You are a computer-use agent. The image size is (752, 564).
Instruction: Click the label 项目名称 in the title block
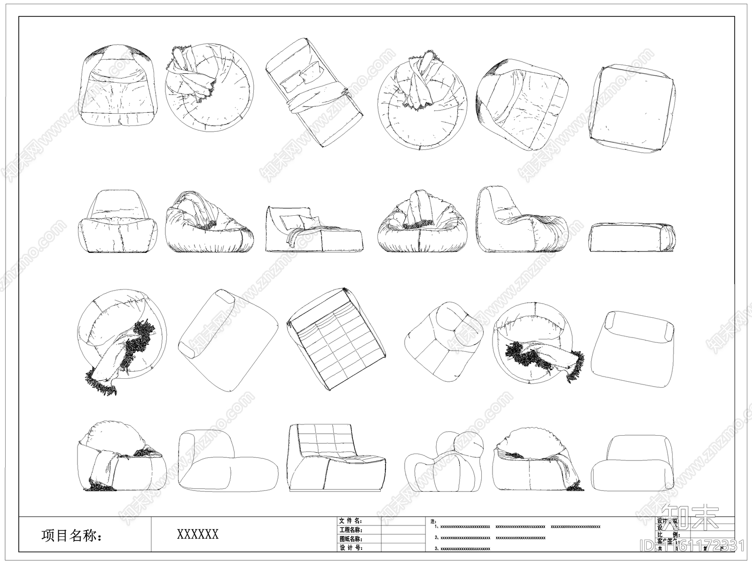pos(71,535)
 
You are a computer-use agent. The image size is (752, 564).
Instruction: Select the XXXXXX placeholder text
pos(197,534)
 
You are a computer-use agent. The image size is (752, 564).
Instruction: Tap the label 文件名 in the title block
pos(351,521)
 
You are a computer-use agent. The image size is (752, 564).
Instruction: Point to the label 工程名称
pos(351,530)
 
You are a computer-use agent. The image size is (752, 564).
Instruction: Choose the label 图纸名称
pos(351,539)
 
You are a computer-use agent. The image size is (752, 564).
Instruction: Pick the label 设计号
pos(351,548)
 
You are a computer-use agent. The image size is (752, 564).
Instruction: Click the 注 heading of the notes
pos(433,521)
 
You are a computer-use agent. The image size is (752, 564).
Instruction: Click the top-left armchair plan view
pos(118,87)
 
